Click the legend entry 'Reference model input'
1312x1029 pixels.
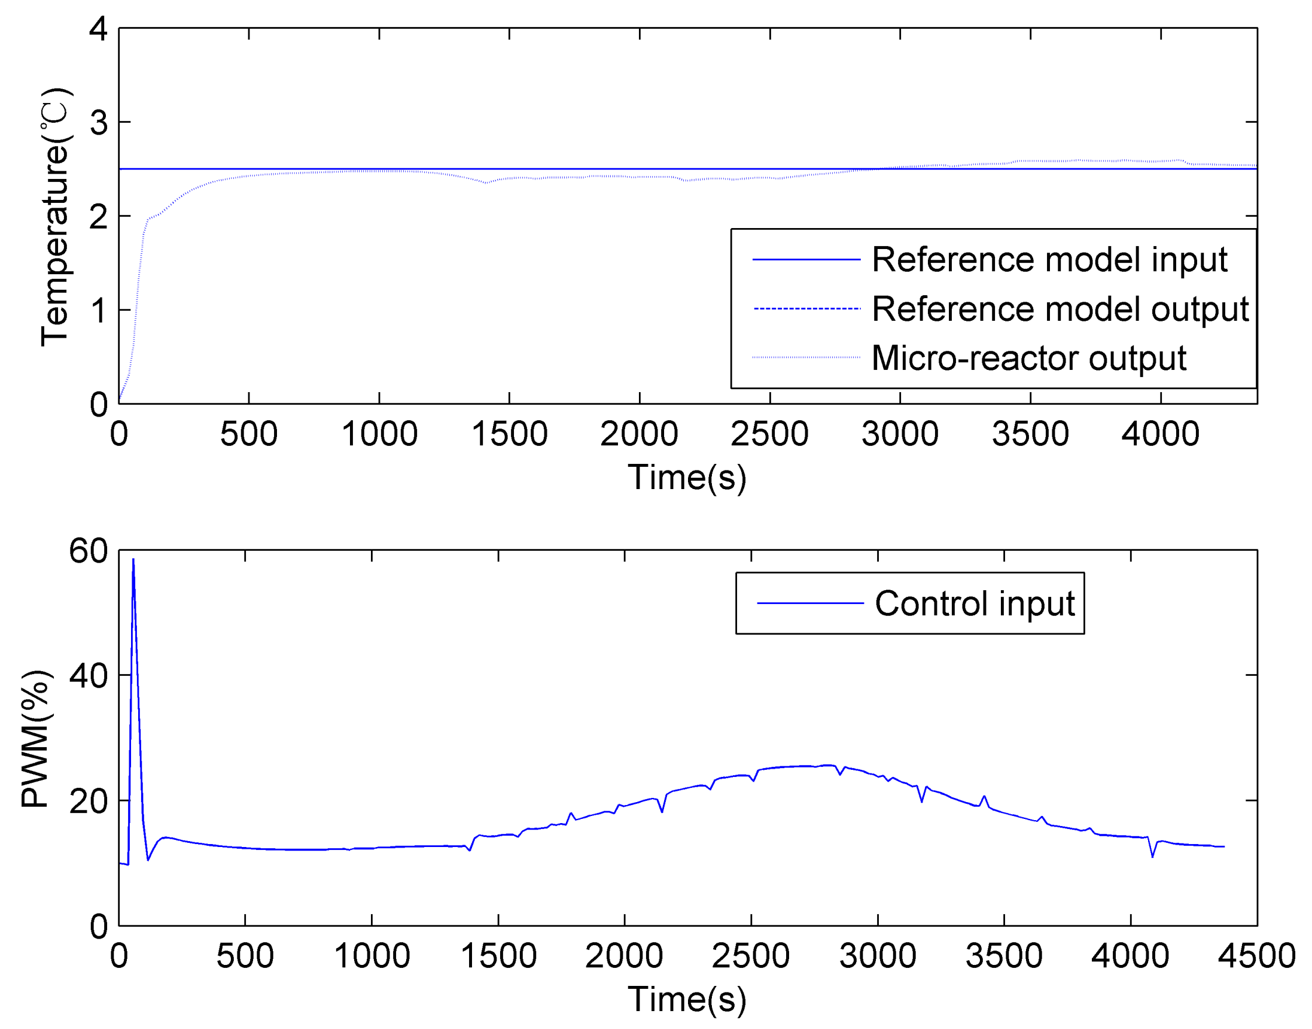(1049, 260)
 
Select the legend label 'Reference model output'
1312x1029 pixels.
(1060, 309)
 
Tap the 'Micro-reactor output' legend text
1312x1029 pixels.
(1028, 359)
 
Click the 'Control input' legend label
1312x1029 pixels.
(974, 603)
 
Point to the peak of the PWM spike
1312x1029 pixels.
(133, 560)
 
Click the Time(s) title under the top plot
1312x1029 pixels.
(687, 477)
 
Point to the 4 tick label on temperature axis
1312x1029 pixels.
(98, 28)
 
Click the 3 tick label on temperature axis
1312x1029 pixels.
(98, 123)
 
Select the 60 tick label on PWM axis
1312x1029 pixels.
(89, 551)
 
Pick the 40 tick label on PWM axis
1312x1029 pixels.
(89, 676)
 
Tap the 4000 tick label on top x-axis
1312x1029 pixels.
(1160, 434)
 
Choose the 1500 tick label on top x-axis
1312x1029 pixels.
(509, 434)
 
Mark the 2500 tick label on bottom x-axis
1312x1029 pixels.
(751, 956)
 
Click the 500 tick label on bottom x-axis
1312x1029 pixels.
(245, 956)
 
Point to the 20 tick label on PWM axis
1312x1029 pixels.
(89, 802)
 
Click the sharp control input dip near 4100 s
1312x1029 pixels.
(1152, 856)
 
